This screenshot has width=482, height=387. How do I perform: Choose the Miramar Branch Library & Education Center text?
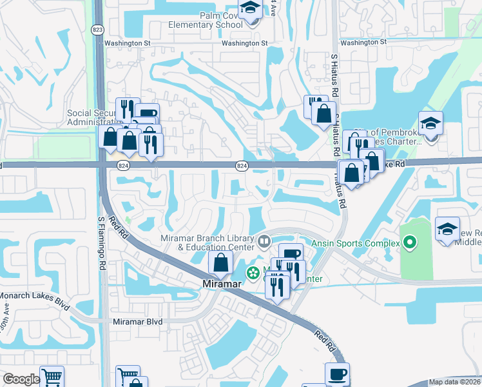coord(207,243)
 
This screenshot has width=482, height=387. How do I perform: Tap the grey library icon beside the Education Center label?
coord(264,243)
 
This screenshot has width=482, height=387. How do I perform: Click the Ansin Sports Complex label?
coord(356,243)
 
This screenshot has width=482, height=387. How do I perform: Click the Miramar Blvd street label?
coord(138,321)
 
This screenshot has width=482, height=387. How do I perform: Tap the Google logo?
coord(21,379)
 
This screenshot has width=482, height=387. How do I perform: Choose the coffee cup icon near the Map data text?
coord(336,374)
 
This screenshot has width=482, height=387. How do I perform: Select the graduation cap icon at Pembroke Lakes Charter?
coord(430,123)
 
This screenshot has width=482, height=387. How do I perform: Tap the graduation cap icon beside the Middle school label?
coord(447,230)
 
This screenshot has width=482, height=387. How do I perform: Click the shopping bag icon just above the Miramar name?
coord(220,263)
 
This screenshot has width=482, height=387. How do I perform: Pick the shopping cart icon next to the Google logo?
coord(52,377)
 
